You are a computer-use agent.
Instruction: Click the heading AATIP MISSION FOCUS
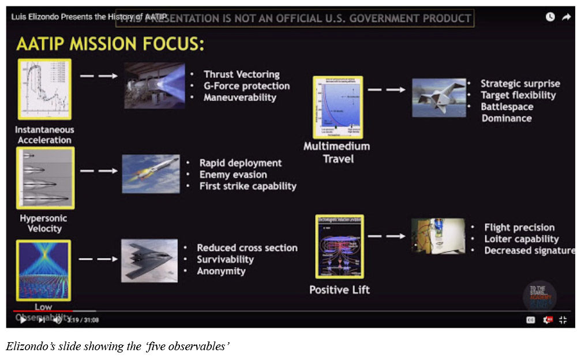click(x=110, y=44)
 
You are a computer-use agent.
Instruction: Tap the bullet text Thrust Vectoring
click(x=241, y=74)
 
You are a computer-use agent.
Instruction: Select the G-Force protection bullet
click(x=246, y=86)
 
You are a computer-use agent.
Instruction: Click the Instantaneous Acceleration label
click(x=44, y=135)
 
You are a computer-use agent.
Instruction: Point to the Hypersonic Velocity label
click(x=43, y=223)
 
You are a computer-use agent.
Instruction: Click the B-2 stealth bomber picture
click(x=149, y=260)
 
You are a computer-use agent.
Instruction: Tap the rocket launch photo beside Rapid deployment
click(x=150, y=174)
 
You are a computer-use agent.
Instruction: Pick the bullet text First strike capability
click(x=248, y=186)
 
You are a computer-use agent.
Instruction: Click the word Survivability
click(x=225, y=260)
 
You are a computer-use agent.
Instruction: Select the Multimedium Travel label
click(x=338, y=152)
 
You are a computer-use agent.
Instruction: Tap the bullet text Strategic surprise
click(x=520, y=84)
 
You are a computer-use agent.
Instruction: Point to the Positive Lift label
click(x=339, y=290)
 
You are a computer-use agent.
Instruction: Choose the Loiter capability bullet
click(x=522, y=239)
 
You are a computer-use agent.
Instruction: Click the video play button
click(x=23, y=320)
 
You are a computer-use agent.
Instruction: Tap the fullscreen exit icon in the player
click(x=563, y=320)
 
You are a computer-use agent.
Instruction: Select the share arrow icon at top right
click(x=566, y=17)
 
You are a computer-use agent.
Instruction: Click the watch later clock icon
click(x=550, y=17)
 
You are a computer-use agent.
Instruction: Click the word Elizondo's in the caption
click(x=28, y=346)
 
